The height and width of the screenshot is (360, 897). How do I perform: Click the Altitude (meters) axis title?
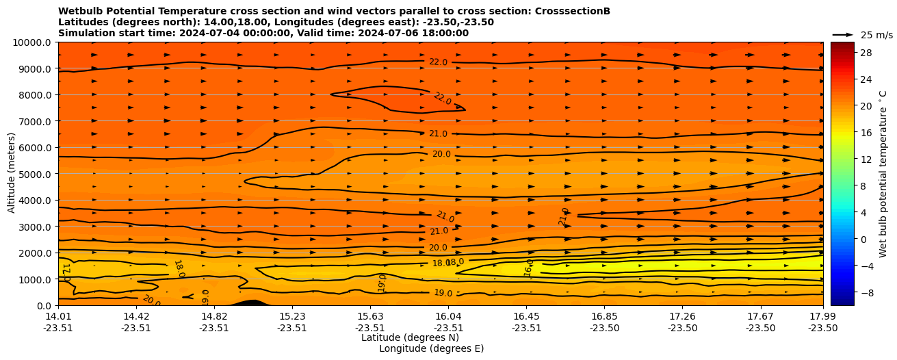[x=12, y=174]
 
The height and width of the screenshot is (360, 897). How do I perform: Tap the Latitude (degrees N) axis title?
[x=410, y=337]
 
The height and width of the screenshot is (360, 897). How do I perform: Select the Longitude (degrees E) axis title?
[x=431, y=348]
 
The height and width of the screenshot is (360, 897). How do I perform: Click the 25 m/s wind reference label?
[x=876, y=35]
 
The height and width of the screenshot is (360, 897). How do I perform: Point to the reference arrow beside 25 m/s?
[x=843, y=35]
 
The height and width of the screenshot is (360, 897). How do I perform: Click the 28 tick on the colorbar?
[x=866, y=53]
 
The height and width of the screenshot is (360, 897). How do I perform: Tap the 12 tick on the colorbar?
[x=866, y=159]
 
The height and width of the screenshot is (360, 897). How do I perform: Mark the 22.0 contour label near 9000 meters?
[x=438, y=62]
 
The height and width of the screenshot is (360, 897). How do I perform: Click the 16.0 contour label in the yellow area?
[x=529, y=268]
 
